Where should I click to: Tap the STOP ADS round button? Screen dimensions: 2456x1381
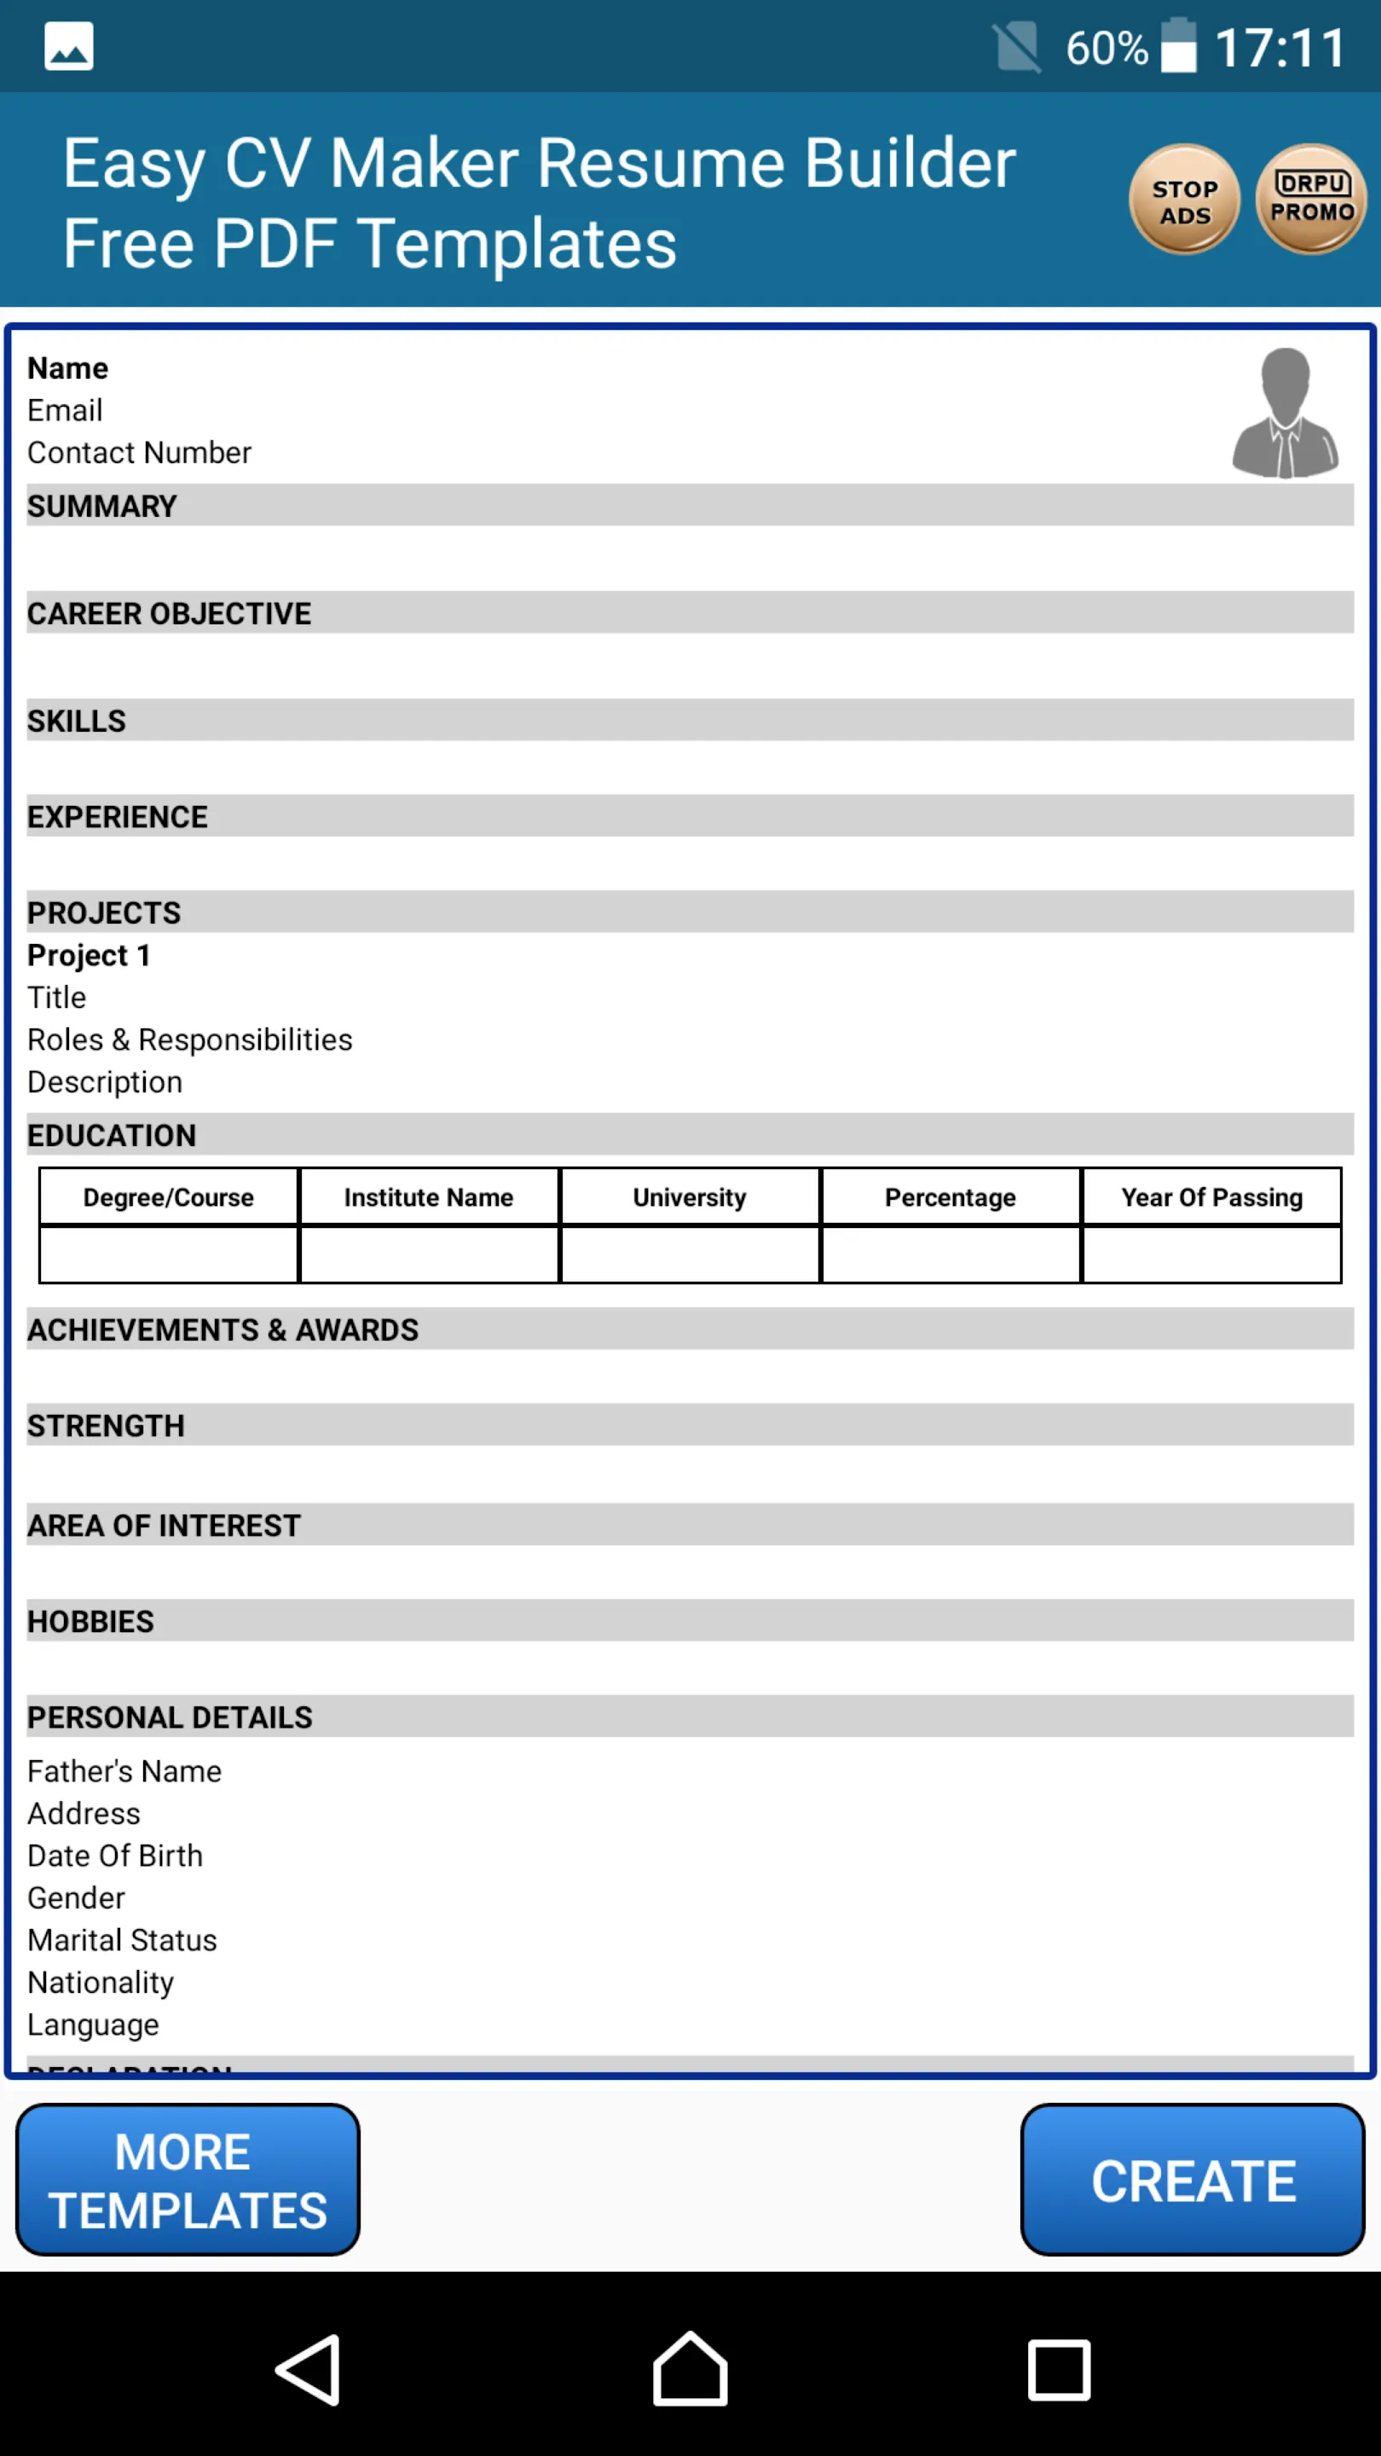pyautogui.click(x=1184, y=200)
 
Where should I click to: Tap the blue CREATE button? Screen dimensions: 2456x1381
pyautogui.click(x=1193, y=2181)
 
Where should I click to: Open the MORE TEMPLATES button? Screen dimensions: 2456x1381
pyautogui.click(x=188, y=2181)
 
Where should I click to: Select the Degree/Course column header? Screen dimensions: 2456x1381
pyautogui.click(x=169, y=1196)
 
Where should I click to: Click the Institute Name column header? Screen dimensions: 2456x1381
pyautogui.click(x=429, y=1196)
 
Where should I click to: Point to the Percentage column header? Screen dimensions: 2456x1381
pyautogui.click(x=951, y=1196)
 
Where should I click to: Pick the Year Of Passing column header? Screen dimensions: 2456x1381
pyautogui.click(x=1211, y=1196)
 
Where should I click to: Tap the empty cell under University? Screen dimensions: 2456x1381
pyautogui.click(x=690, y=1254)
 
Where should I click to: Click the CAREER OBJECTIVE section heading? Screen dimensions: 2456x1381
pyautogui.click(x=170, y=613)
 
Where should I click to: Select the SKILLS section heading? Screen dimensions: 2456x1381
pyautogui.click(x=76, y=721)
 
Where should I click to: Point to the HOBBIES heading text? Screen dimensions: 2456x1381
pyautogui.click(x=90, y=1621)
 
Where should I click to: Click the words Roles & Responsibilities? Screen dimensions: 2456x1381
pyautogui.click(x=189, y=1040)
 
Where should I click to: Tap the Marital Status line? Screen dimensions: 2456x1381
pyautogui.click(x=122, y=1939)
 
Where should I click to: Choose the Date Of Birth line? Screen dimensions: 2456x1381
pyautogui.click(x=115, y=1856)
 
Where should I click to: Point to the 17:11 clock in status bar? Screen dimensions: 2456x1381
pyautogui.click(x=1280, y=48)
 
